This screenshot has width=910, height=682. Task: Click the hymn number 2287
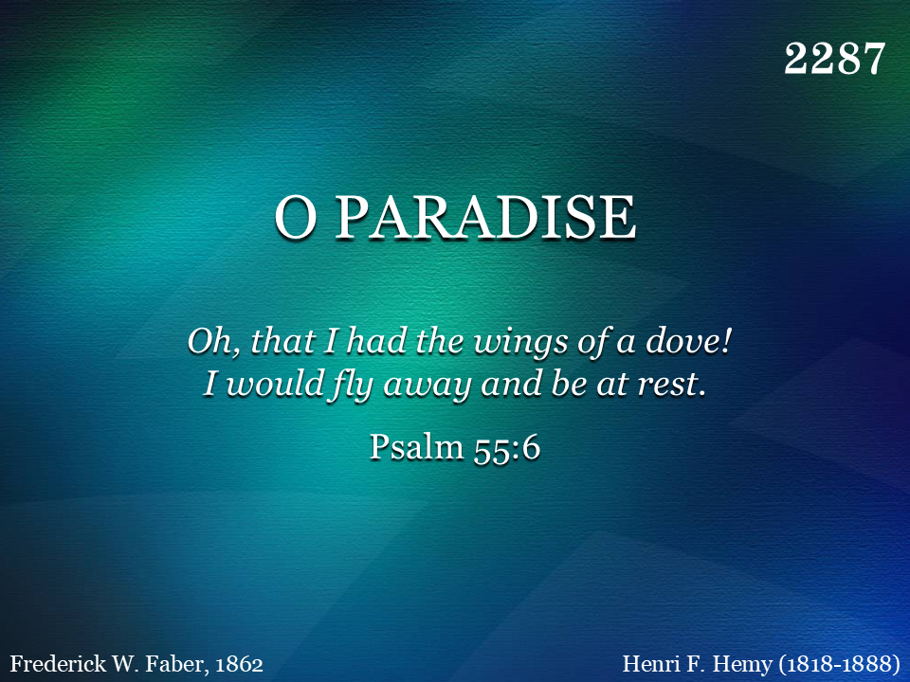(834, 59)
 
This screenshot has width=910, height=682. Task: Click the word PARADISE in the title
(486, 217)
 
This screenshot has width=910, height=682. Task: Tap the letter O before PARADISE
(296, 217)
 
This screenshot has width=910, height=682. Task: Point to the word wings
(520, 343)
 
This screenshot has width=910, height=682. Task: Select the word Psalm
(417, 447)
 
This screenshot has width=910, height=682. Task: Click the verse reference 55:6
(506, 448)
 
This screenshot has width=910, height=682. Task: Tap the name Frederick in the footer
(58, 663)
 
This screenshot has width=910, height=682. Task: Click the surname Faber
(176, 663)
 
